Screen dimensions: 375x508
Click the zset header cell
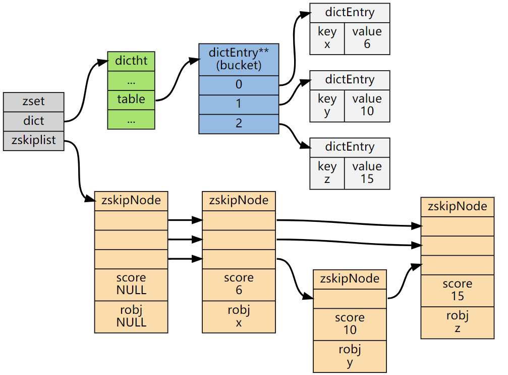(x=33, y=102)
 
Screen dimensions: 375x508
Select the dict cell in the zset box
(x=33, y=121)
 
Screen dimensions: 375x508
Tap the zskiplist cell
(x=33, y=140)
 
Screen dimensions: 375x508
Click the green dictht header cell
(x=131, y=61)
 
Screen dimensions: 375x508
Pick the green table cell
(x=131, y=100)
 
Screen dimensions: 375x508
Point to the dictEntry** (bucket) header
(x=239, y=60)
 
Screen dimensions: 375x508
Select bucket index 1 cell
(x=239, y=105)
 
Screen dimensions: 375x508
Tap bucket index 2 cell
(x=239, y=124)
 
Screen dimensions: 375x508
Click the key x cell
(x=327, y=38)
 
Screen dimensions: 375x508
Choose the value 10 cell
(x=367, y=105)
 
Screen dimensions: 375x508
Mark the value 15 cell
(x=367, y=173)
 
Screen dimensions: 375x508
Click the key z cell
(x=327, y=173)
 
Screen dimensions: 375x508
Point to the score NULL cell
(x=131, y=284)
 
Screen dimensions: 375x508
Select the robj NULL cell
(x=131, y=316)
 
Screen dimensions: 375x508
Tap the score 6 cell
(x=239, y=284)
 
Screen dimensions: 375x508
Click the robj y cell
(x=350, y=356)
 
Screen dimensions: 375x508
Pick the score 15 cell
(x=457, y=290)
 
